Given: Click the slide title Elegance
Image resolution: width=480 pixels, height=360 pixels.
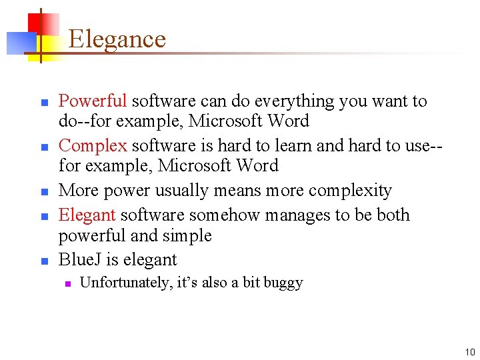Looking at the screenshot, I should click(x=117, y=39).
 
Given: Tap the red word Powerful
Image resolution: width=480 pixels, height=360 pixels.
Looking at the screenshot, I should click(x=93, y=101).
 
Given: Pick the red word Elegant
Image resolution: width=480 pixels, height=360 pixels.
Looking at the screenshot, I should click(x=87, y=215).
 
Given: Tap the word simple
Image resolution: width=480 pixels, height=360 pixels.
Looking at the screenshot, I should click(x=191, y=236).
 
